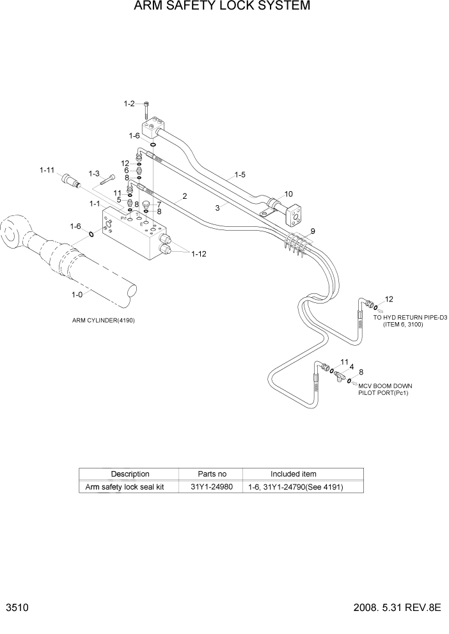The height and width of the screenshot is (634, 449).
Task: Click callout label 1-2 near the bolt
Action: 129,103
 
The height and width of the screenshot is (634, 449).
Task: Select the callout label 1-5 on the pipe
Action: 240,173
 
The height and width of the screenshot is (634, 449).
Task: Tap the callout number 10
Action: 288,194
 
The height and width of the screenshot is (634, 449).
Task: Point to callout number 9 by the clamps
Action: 313,231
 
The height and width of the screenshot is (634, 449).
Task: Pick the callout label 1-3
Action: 94,173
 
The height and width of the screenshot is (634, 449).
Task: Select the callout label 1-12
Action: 199,254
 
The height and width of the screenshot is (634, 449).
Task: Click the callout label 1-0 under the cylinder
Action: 77,296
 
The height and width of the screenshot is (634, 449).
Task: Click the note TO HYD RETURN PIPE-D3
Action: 409,318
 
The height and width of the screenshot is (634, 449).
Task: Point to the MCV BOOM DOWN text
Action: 385,386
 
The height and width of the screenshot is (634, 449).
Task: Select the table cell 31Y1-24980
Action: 212,487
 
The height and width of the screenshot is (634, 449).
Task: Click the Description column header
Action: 130,474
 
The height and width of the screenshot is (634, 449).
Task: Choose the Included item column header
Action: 293,474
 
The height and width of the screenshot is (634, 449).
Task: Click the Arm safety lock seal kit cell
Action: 125,487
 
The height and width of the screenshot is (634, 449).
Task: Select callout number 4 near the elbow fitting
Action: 351,367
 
